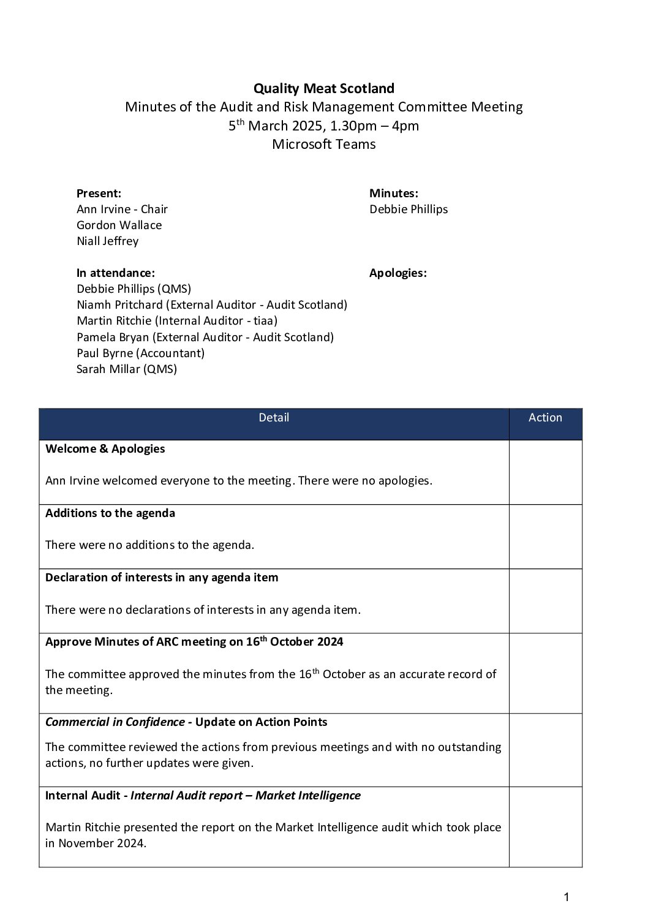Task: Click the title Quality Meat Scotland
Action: coord(323,88)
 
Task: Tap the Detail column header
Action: coord(274,418)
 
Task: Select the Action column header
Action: coord(545,418)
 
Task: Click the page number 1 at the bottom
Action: coord(566,897)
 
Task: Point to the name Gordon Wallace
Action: coord(119,225)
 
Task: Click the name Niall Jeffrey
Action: coord(107,241)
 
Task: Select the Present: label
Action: coord(99,193)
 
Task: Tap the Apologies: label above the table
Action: coord(397,273)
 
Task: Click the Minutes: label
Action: coord(393,193)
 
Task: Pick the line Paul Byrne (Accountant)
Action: coord(140,353)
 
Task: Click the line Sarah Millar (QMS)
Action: coord(126,369)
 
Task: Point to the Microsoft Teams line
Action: coord(323,145)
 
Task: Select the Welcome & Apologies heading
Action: coord(105,448)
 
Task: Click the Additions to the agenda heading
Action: coord(110,513)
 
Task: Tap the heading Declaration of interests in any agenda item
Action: coord(161,577)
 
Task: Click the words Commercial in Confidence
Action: coord(115,722)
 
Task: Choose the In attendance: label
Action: coord(115,273)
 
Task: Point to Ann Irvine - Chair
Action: coord(122,209)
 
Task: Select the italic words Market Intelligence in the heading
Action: coord(307,795)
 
